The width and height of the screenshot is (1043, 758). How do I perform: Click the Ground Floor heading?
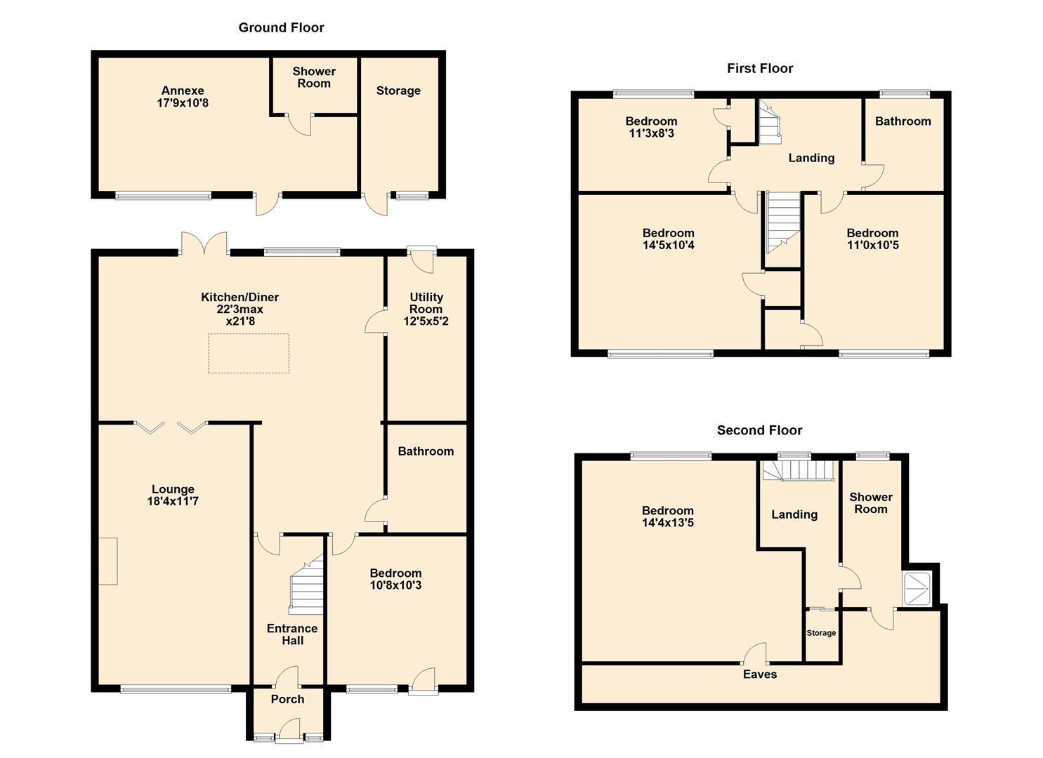(x=281, y=28)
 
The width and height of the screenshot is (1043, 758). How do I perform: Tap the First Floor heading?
(x=760, y=69)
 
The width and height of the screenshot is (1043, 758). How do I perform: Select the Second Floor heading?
(x=759, y=431)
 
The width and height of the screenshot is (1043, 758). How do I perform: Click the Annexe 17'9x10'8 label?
(x=183, y=97)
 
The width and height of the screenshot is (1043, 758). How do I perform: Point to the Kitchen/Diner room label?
(x=240, y=309)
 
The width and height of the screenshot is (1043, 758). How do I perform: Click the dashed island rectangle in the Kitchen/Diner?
(x=248, y=353)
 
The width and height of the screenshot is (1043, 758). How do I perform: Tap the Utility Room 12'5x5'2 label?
(x=426, y=310)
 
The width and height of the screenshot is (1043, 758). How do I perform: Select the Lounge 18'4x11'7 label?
(x=173, y=496)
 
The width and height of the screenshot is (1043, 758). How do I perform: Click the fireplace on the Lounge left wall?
(x=107, y=561)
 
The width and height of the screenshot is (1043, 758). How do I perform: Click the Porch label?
(x=287, y=700)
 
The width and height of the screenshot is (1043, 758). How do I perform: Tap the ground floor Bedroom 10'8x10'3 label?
(x=395, y=580)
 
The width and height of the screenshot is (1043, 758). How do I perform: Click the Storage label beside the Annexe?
(x=398, y=91)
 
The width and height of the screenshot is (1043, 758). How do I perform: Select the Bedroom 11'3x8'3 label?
(x=651, y=128)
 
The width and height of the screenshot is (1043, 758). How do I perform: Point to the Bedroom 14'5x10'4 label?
(x=668, y=239)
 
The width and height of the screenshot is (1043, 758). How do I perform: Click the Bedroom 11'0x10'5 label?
(x=872, y=239)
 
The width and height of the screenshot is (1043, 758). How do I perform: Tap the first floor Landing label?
(x=811, y=159)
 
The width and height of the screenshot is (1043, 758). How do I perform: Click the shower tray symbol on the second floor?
(x=917, y=588)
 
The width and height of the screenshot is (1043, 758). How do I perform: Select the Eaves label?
(x=760, y=675)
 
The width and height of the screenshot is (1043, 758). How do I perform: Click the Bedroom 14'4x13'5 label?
(x=667, y=517)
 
